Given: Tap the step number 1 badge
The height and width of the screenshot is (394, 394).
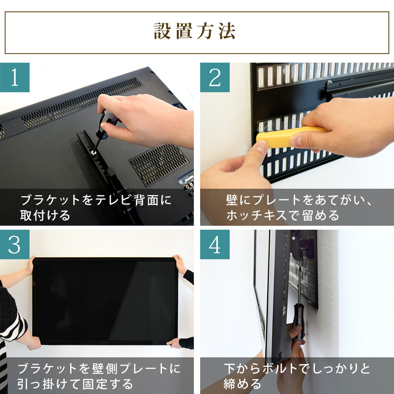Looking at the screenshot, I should click(15, 77).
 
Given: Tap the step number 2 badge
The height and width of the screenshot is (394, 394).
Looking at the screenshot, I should click(215, 77).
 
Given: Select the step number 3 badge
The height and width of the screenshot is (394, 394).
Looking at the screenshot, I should click(15, 245).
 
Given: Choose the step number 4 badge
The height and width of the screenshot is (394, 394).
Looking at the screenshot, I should click(215, 245).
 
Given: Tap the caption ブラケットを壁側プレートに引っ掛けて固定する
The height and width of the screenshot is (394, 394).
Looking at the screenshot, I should click(98, 375).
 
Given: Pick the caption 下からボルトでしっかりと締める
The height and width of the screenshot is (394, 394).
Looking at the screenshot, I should click(297, 375).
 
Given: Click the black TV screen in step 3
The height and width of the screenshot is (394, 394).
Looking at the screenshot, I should click(105, 299).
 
